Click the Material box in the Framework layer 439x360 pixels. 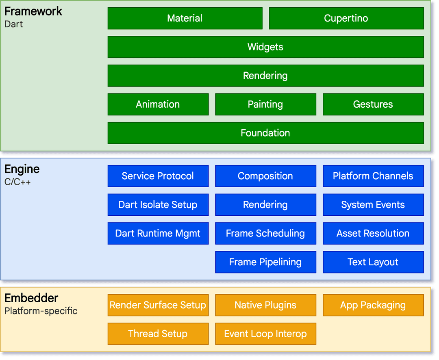coord(185,18)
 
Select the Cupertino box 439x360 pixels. coord(346,18)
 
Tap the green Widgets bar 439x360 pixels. coord(265,47)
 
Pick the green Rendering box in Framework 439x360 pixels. coord(265,76)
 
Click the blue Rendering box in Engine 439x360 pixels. coord(265,205)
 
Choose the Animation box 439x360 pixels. coord(158,104)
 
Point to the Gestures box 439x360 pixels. coord(373,104)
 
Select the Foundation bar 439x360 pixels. coord(265,133)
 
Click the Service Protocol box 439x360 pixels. coord(158,176)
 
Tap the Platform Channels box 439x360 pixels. coord(373,176)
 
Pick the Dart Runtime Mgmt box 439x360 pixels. coord(158,233)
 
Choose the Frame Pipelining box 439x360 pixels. coord(265,262)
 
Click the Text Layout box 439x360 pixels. coord(373,262)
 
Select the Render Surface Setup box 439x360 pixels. coord(158,305)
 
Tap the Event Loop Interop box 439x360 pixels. coord(265,334)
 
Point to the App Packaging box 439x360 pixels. coord(373,305)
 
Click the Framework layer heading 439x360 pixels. coord(33,11)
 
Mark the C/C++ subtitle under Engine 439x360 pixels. coord(17,182)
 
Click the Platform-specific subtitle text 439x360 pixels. coord(41,311)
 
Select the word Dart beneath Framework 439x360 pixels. coord(13,24)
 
